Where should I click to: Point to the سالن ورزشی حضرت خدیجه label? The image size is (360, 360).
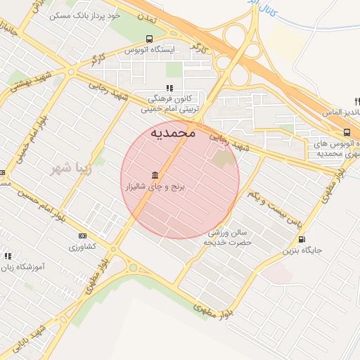pos(227,237)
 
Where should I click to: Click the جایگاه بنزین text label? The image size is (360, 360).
pos(302,250)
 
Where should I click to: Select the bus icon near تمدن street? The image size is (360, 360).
pos(149,39)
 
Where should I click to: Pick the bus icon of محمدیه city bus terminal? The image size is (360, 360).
pos(347,132)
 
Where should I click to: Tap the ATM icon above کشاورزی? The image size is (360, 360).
pos(83,236)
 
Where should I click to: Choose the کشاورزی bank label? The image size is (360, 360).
pos(83,247)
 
